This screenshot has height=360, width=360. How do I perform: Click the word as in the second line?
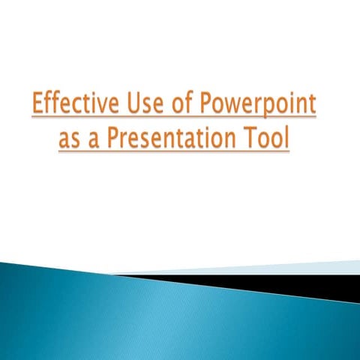70,141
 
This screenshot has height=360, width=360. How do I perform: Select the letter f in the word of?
187,104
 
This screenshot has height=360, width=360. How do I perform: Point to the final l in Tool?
286,139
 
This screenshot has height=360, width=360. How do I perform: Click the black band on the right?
315,284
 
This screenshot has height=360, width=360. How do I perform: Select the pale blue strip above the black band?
300,267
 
